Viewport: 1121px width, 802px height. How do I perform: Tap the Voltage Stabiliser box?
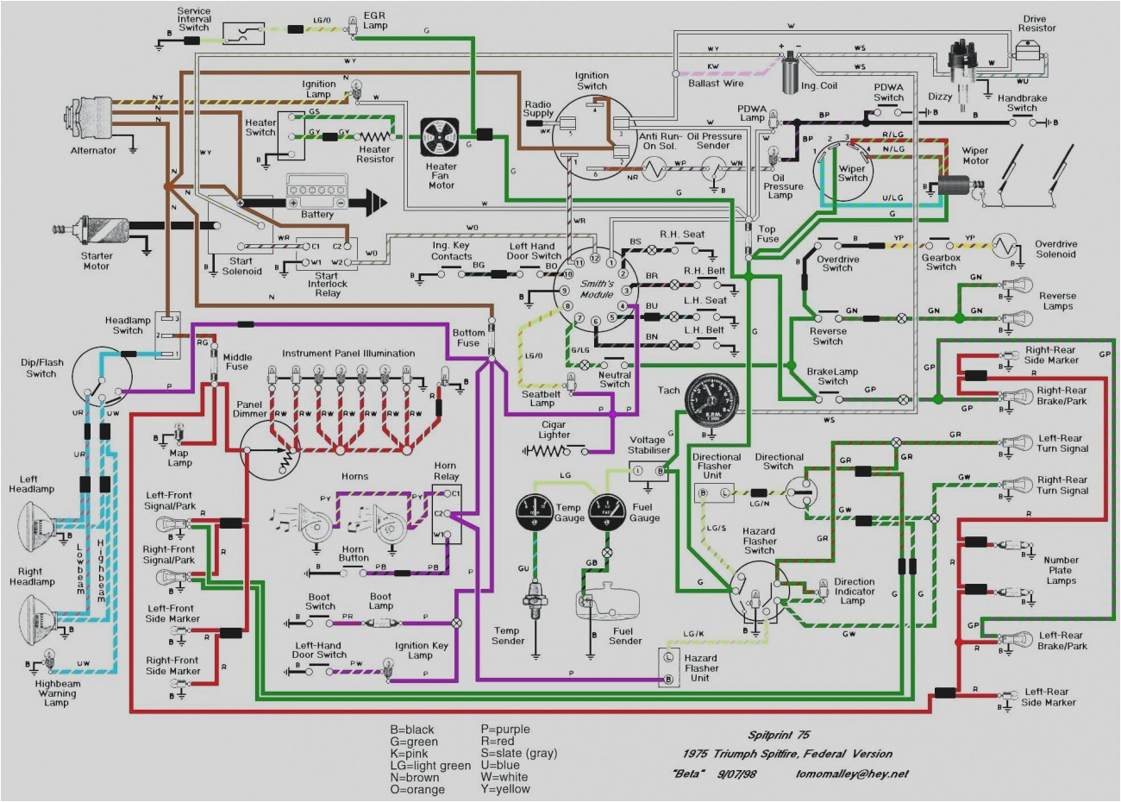pyautogui.click(x=649, y=470)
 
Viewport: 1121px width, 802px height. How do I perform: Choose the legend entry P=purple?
pyautogui.click(x=504, y=730)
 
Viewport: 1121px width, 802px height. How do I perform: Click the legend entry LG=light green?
pyautogui.click(x=430, y=766)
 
